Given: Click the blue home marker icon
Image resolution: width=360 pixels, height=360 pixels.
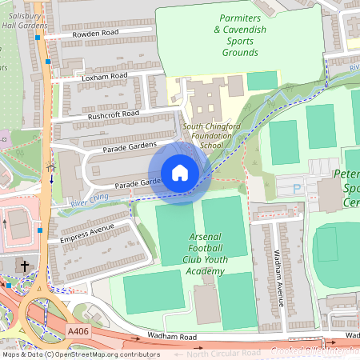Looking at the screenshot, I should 180,173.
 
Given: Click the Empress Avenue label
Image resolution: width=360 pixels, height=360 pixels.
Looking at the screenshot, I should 88,233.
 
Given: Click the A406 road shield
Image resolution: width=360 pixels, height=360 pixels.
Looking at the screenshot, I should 78,330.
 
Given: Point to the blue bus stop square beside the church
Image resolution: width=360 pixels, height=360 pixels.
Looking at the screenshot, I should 39,230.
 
